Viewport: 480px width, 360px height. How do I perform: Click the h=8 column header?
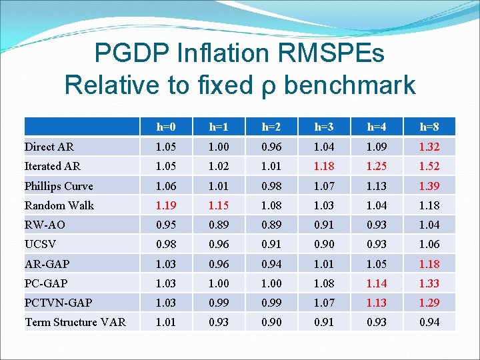[428, 127]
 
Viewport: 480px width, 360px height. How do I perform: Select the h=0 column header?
[166, 127]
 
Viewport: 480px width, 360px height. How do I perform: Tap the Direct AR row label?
[49, 147]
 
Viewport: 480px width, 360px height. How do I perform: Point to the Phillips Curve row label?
[59, 186]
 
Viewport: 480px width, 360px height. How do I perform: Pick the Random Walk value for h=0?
[166, 205]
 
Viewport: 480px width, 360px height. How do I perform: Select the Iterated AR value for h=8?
[428, 166]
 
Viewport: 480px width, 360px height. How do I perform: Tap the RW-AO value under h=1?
[219, 225]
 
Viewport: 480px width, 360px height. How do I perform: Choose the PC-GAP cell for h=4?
[376, 283]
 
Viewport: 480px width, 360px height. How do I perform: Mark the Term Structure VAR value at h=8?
[428, 323]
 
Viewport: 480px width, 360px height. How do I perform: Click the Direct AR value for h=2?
[271, 147]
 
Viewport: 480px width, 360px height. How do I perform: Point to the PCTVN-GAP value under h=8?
[428, 303]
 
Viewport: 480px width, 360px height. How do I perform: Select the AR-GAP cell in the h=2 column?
[271, 264]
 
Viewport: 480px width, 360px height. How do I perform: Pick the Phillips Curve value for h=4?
[376, 186]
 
